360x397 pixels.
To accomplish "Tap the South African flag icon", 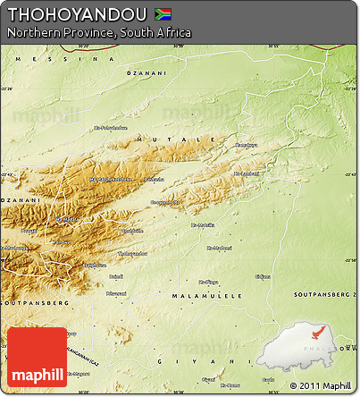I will (163, 13).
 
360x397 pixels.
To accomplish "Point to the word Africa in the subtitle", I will (172, 32).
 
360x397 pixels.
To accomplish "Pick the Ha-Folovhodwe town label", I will (111, 128).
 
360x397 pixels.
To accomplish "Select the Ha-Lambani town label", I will (246, 173).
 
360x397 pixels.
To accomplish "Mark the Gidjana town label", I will (262, 276).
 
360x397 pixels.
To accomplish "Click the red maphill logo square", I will (36, 358).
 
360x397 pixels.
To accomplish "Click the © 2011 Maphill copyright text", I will (320, 385).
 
